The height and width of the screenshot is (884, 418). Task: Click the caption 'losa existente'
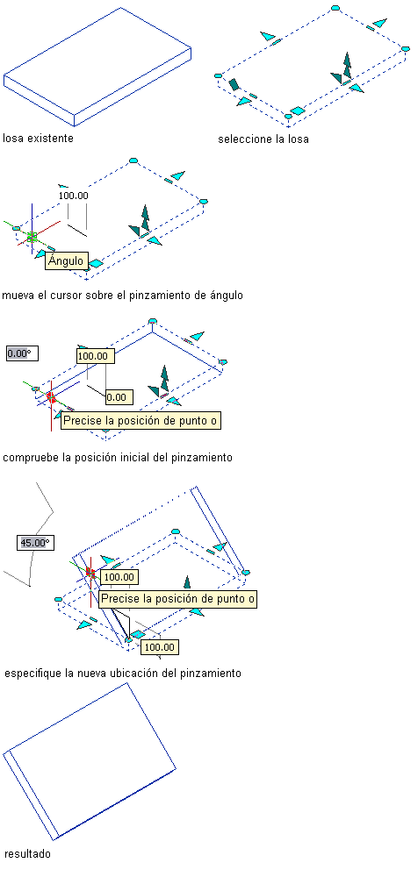pyautogui.click(x=38, y=139)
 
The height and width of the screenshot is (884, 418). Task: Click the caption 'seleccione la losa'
pyautogui.click(x=263, y=139)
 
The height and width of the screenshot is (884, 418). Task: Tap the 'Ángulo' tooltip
pyautogui.click(x=66, y=261)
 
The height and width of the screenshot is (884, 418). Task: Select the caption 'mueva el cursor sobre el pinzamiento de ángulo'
pyautogui.click(x=123, y=295)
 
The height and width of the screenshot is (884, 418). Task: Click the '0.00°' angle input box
pyautogui.click(x=18, y=354)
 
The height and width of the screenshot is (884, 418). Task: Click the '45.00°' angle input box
pyautogui.click(x=34, y=543)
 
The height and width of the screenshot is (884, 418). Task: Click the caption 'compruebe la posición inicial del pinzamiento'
pyautogui.click(x=118, y=457)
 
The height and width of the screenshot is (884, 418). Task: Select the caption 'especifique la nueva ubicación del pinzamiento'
pyautogui.click(x=123, y=674)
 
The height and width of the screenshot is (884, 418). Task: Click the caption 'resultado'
pyautogui.click(x=27, y=854)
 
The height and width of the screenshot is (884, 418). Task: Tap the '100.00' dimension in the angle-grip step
pyautogui.click(x=75, y=196)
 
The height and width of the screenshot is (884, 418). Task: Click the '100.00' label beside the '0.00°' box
pyautogui.click(x=96, y=356)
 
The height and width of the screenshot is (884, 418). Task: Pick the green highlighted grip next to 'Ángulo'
pyautogui.click(x=32, y=238)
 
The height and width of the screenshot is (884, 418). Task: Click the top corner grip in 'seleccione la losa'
pyautogui.click(x=335, y=8)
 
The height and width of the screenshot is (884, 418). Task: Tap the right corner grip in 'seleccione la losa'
pyautogui.click(x=405, y=49)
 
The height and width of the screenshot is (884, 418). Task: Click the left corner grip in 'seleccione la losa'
pyautogui.click(x=219, y=75)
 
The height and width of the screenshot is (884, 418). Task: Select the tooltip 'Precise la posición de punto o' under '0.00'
pyautogui.click(x=141, y=421)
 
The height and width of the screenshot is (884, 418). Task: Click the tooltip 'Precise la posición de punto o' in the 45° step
pyautogui.click(x=177, y=599)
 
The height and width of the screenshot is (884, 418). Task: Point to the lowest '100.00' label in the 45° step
pyautogui.click(x=160, y=647)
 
